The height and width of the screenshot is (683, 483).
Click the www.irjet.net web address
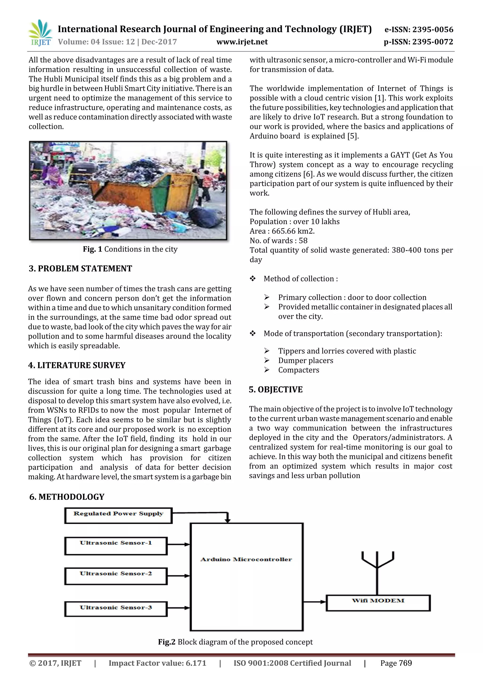(242, 42)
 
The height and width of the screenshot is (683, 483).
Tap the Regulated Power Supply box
(118, 516)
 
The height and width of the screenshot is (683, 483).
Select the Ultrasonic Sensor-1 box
(116, 546)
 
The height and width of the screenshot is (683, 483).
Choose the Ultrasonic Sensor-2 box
(116, 576)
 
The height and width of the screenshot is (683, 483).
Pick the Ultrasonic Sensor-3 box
(116, 609)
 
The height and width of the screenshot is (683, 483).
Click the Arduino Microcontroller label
(246, 559)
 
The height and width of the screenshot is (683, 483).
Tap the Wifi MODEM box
(378, 603)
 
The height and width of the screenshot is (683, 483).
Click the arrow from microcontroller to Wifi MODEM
(315, 602)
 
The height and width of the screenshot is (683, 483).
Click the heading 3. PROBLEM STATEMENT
(80, 269)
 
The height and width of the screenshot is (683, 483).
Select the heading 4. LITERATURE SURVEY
(77, 365)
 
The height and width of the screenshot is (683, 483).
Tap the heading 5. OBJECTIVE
(275, 390)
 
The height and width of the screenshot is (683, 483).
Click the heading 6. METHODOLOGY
(67, 497)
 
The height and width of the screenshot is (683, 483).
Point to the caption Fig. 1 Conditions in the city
(130, 249)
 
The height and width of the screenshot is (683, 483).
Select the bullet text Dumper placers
(305, 360)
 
